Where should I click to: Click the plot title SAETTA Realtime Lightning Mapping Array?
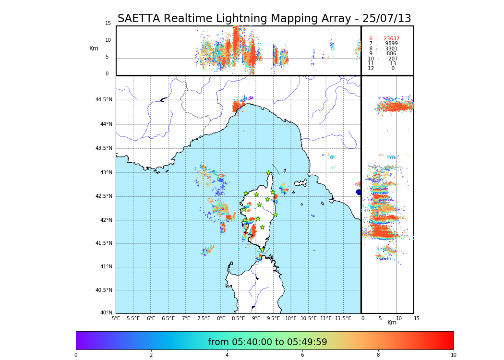click(264, 19)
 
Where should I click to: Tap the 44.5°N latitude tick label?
click(104, 100)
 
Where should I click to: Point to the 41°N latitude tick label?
click(105, 267)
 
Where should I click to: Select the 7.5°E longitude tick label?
click(204, 318)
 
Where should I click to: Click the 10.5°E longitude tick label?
click(309, 318)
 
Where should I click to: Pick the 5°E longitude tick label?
click(116, 318)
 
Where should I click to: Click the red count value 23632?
click(391, 39)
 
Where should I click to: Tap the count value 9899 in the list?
click(391, 44)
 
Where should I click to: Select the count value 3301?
click(391, 49)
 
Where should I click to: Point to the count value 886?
click(391, 54)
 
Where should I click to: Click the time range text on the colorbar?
click(267, 342)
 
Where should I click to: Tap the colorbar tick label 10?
click(453, 355)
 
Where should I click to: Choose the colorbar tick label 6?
click(302, 355)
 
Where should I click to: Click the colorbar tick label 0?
click(76, 355)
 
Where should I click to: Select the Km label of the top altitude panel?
click(94, 48)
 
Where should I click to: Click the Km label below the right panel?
click(392, 323)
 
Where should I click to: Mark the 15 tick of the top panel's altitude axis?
click(108, 24)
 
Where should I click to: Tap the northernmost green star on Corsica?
click(269, 173)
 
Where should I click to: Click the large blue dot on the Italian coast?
click(359, 192)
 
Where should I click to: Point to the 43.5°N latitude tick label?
click(104, 148)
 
